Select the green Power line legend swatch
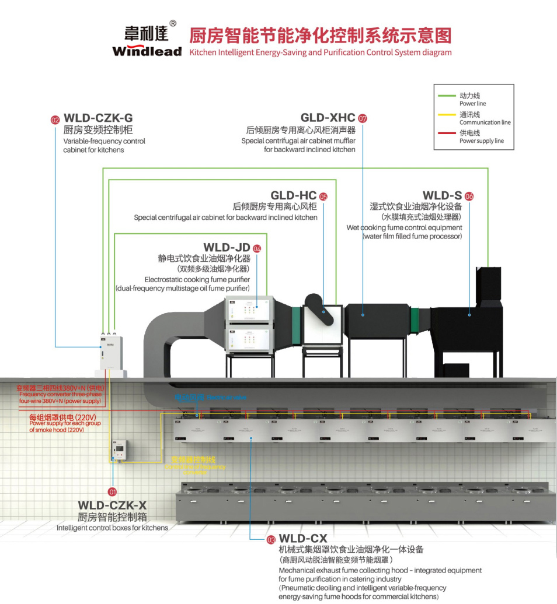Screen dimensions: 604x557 coord(447,96)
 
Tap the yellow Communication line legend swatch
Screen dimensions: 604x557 coord(447,114)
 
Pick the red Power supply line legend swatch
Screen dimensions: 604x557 coord(447,134)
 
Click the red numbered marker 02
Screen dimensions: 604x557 coord(55,120)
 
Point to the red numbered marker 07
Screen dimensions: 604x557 coord(363,118)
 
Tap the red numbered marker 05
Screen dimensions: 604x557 coord(323,196)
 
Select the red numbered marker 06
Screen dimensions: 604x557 coord(469,196)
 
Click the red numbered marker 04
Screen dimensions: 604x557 coord(257,248)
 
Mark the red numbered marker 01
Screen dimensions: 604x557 coord(113,491)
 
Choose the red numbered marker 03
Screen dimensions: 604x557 coord(271,540)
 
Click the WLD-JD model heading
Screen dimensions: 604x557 coord(227,248)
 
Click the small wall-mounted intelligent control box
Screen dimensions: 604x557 coord(121,447)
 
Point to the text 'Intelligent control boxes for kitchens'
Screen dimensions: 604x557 coord(112,528)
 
